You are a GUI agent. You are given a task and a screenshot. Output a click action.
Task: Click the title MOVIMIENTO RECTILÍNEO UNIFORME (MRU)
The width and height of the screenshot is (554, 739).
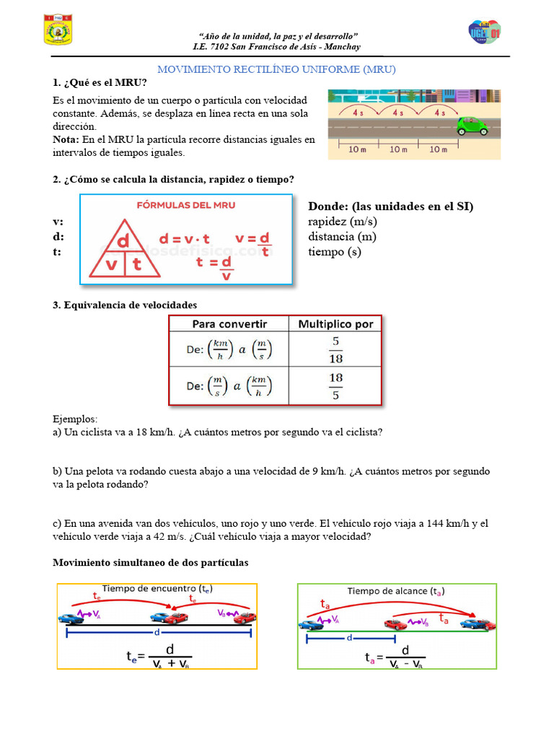[277, 69]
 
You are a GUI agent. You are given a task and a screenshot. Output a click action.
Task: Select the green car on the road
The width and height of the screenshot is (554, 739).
[472, 127]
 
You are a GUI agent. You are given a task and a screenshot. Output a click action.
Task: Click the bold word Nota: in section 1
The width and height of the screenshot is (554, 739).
[66, 139]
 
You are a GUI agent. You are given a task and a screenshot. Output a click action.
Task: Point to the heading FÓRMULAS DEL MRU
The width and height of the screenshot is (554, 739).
[186, 205]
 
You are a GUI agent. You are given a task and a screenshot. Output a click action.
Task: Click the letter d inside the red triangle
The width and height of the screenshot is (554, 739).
[123, 239]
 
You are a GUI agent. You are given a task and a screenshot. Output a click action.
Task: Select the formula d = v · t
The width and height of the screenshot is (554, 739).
[184, 239]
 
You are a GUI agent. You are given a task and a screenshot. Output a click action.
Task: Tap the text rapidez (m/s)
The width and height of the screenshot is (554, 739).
[343, 222]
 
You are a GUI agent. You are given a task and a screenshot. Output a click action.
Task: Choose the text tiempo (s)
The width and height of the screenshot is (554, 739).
[334, 252]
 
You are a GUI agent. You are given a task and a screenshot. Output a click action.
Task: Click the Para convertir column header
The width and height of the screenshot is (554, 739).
[229, 324]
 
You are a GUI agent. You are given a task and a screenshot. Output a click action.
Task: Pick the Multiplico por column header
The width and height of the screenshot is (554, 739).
[335, 324]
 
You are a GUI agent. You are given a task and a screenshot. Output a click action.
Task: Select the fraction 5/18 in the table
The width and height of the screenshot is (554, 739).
[335, 350]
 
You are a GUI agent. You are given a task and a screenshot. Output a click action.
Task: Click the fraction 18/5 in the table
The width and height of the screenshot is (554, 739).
[335, 385]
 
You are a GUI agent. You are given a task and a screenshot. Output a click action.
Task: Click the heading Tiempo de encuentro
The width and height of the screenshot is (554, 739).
[152, 589]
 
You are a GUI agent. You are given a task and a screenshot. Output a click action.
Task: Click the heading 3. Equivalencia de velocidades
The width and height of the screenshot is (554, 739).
[125, 305]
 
